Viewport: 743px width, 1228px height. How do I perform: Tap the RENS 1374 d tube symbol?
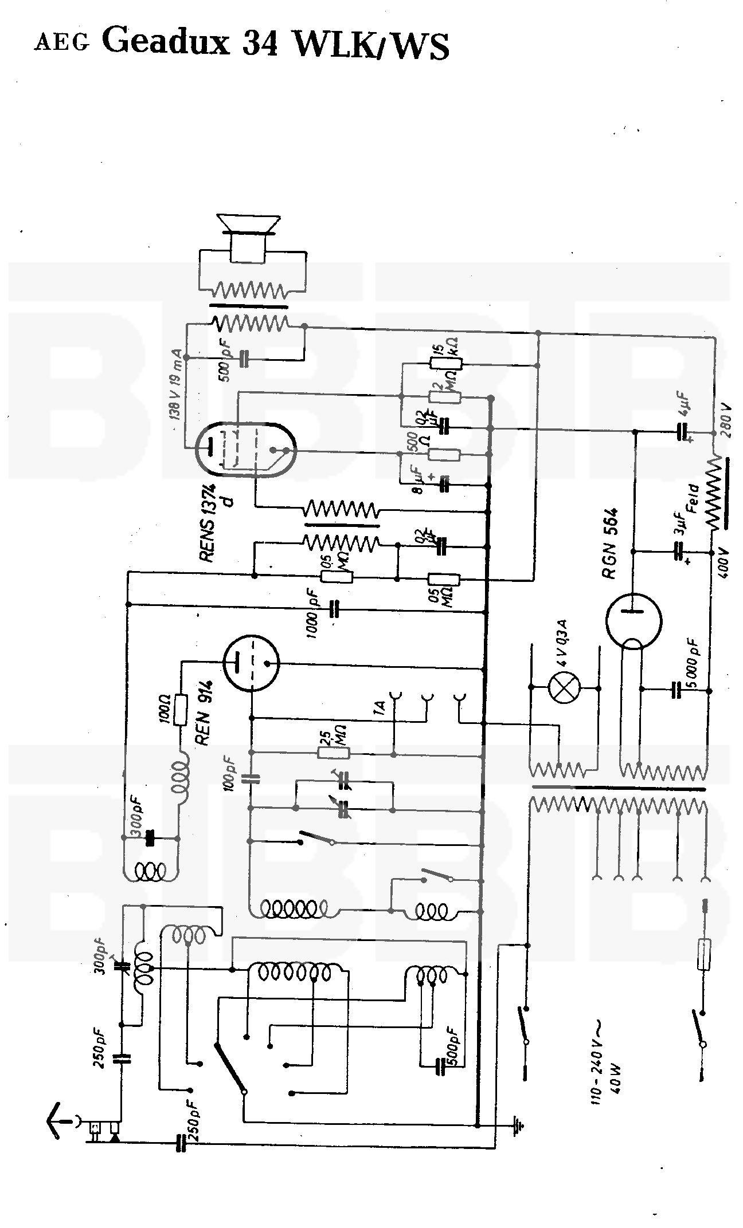click(245, 450)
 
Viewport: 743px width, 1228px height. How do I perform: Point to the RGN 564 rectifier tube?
click(633, 621)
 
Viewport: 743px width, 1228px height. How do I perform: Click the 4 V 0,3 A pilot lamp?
click(565, 687)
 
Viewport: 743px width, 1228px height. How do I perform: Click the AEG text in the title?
click(62, 44)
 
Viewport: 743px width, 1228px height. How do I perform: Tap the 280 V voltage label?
click(727, 420)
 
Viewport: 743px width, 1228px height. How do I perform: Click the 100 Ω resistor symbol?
click(181, 710)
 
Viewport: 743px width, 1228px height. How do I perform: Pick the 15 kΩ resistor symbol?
click(445, 362)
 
